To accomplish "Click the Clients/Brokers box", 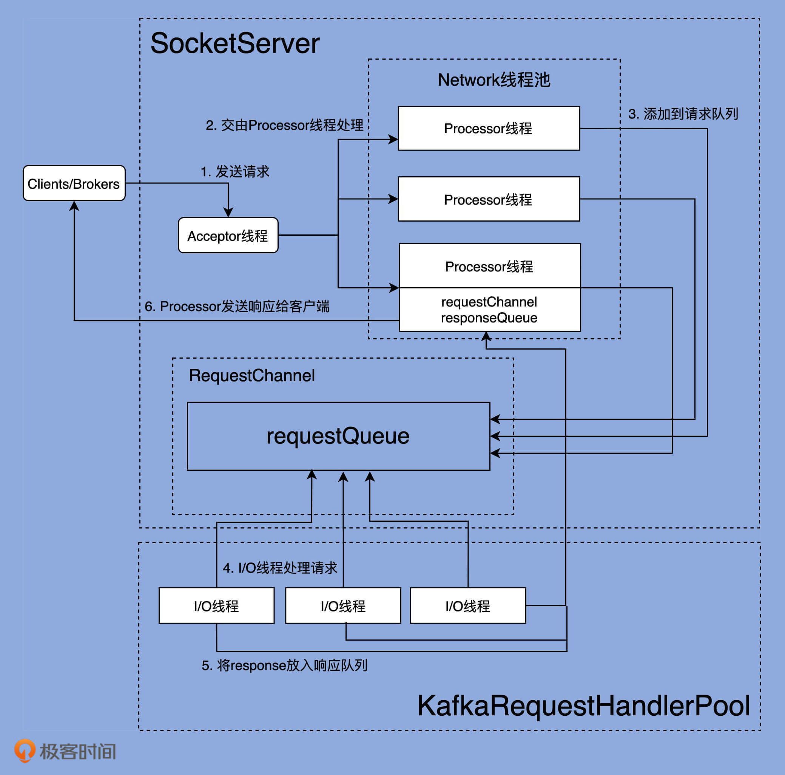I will coord(74,183).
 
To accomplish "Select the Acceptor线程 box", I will coord(228,236).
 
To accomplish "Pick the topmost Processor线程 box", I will coord(488,128).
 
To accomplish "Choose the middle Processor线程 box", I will coord(488,199).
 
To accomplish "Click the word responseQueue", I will coord(489,317).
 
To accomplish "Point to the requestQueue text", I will coord(338,436).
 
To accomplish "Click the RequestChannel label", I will coord(251,375).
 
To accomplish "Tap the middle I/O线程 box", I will coord(343,606).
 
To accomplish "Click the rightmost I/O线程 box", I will coord(468,606).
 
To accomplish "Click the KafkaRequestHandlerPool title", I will coord(583,706).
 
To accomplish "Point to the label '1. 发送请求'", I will coord(235,171).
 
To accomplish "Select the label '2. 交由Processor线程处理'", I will coord(284,125).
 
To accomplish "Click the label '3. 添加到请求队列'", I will coord(683,114).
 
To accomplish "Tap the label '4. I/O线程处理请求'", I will coord(280,567).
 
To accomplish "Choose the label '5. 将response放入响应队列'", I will coord(284,665).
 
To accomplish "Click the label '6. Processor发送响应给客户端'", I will coord(237,306).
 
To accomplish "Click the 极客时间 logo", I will coord(65,750).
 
